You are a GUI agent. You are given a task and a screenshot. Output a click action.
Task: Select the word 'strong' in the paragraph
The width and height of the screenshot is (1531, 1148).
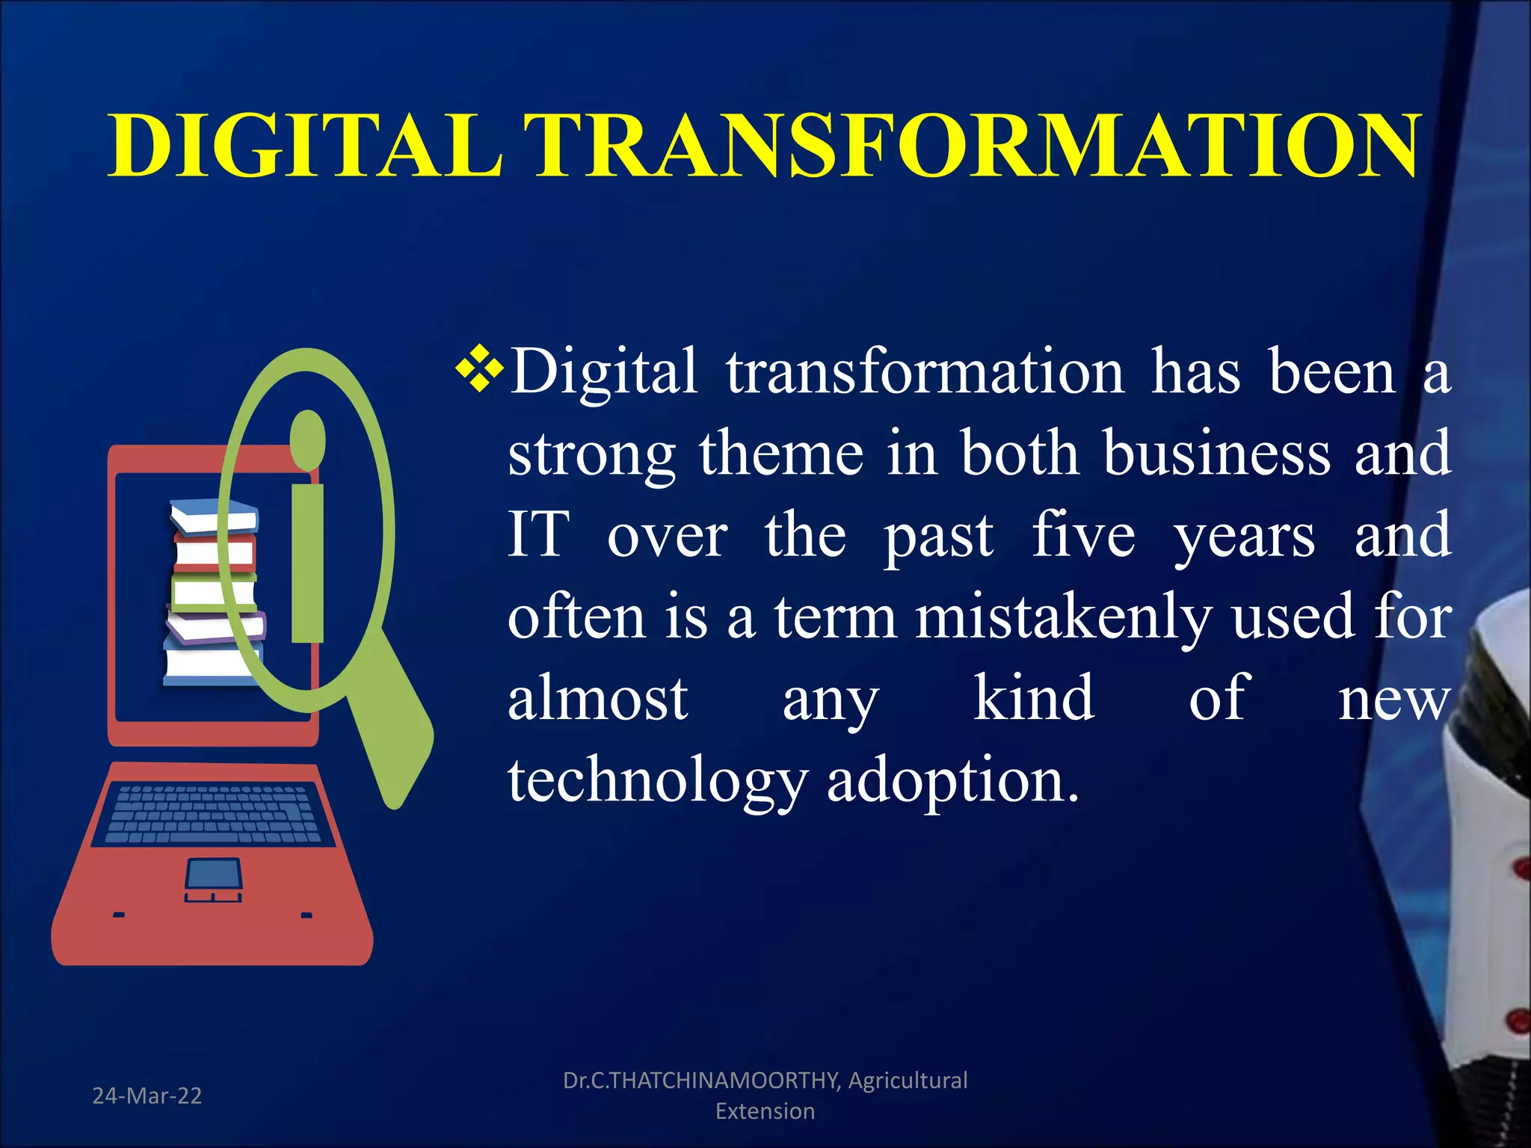click(x=591, y=454)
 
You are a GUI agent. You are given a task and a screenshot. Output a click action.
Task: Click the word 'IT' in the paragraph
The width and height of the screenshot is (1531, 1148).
click(x=538, y=534)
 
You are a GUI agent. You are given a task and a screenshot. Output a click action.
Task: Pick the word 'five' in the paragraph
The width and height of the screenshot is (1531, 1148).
click(x=1083, y=534)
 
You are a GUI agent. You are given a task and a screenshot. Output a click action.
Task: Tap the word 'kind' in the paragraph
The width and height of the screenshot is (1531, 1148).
click(x=1034, y=697)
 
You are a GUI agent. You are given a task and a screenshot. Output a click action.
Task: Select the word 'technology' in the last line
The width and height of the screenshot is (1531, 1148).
click(x=656, y=781)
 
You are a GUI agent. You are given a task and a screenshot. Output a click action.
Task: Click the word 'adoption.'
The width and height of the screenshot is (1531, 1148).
click(x=953, y=781)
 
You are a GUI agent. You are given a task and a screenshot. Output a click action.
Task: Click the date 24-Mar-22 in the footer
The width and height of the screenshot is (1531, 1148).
click(x=147, y=1096)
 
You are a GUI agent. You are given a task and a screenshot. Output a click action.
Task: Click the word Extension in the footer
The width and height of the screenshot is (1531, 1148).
click(x=765, y=1111)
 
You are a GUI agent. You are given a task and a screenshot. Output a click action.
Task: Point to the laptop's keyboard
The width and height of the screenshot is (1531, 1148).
click(x=214, y=814)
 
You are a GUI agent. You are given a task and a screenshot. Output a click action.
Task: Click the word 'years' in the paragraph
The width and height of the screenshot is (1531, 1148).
click(x=1244, y=536)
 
